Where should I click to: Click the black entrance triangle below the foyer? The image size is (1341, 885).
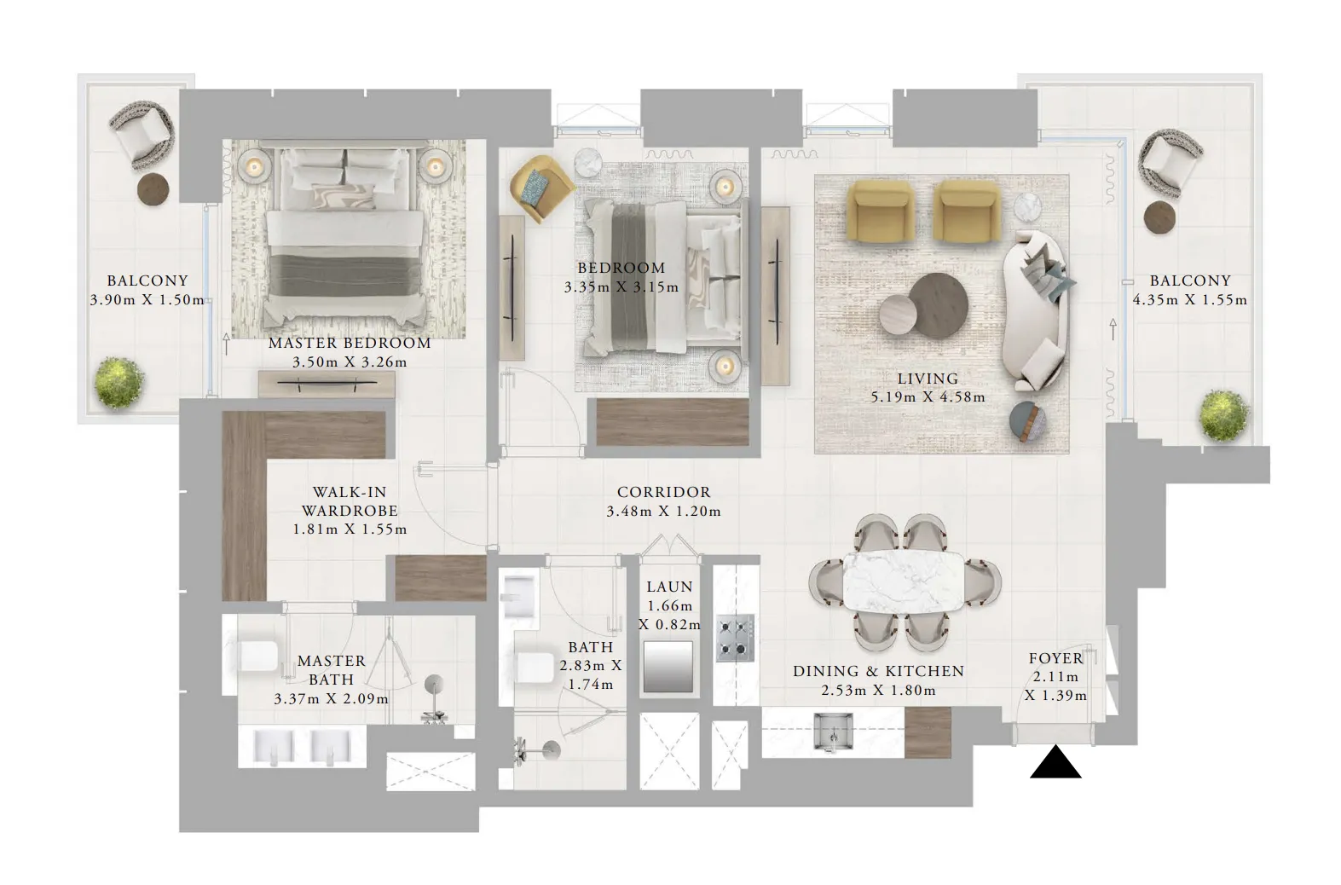pos(1055,762)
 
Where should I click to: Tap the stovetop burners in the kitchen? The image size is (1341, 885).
pos(735,639)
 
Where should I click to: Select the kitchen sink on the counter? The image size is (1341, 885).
pos(834,732)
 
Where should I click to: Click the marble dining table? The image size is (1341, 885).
pos(904,581)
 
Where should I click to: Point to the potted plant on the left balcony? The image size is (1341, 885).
pos(119,383)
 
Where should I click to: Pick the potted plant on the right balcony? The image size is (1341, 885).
pos(1224,415)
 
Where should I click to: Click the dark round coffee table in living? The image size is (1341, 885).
pos(938,303)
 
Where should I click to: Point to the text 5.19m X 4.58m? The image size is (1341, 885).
pos(928,397)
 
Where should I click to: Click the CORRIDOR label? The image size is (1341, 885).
pos(664,492)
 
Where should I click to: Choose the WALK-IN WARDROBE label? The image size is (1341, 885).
pos(350,501)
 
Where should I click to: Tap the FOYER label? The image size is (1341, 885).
pos(1056,658)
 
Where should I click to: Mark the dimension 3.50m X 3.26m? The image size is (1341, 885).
pos(350,362)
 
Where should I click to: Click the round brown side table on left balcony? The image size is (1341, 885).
pos(153,188)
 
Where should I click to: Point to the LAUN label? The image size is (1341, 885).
pos(669,587)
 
